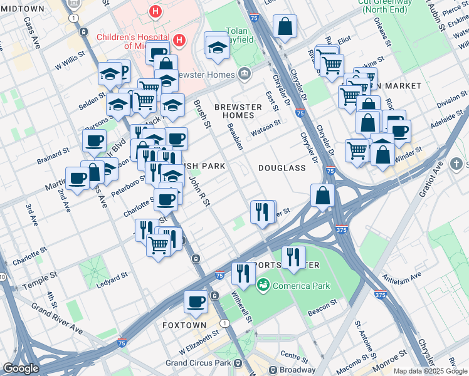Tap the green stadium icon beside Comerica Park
tap(263, 285)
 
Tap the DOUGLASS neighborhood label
tap(282, 168)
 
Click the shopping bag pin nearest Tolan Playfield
tap(285, 27)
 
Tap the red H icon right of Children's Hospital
tap(179, 41)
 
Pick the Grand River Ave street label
tap(57, 320)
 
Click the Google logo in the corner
tap(21, 368)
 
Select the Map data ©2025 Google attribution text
tap(429, 371)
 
